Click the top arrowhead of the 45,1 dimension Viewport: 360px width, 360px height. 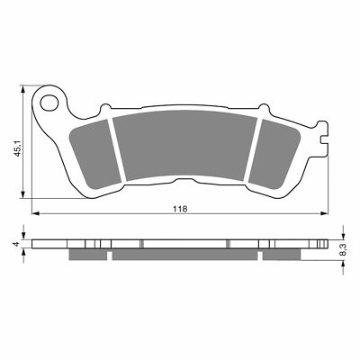[x=22, y=90]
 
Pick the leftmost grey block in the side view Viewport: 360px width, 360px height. [x=89, y=255]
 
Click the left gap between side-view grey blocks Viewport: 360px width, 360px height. [x=110, y=255]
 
